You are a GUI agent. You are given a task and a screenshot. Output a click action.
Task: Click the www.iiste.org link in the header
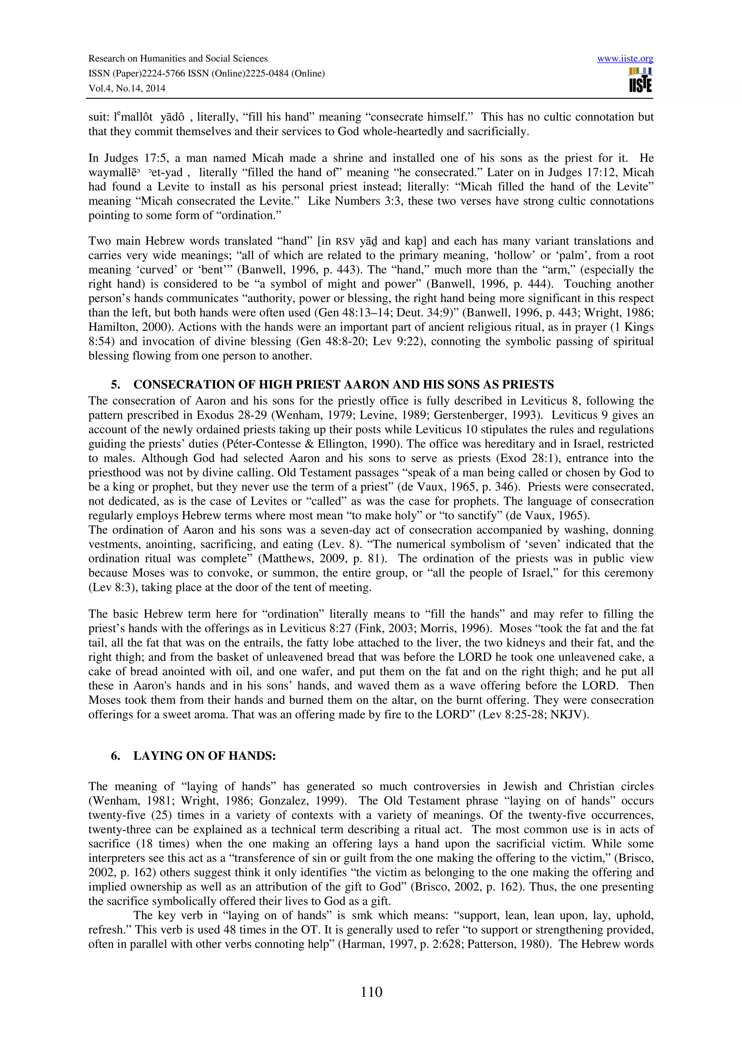pyautogui.click(x=625, y=59)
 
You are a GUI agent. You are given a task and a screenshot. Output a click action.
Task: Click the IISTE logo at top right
pyautogui.click(x=640, y=80)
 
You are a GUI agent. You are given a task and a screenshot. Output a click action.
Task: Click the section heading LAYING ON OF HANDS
pyautogui.click(x=204, y=756)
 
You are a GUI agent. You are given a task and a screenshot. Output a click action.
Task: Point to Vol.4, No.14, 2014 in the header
pyautogui.click(x=127, y=88)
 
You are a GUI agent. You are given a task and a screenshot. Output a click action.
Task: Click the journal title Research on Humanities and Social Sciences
pyautogui.click(x=178, y=59)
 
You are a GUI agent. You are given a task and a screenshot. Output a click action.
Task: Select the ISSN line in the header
pyautogui.click(x=206, y=74)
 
